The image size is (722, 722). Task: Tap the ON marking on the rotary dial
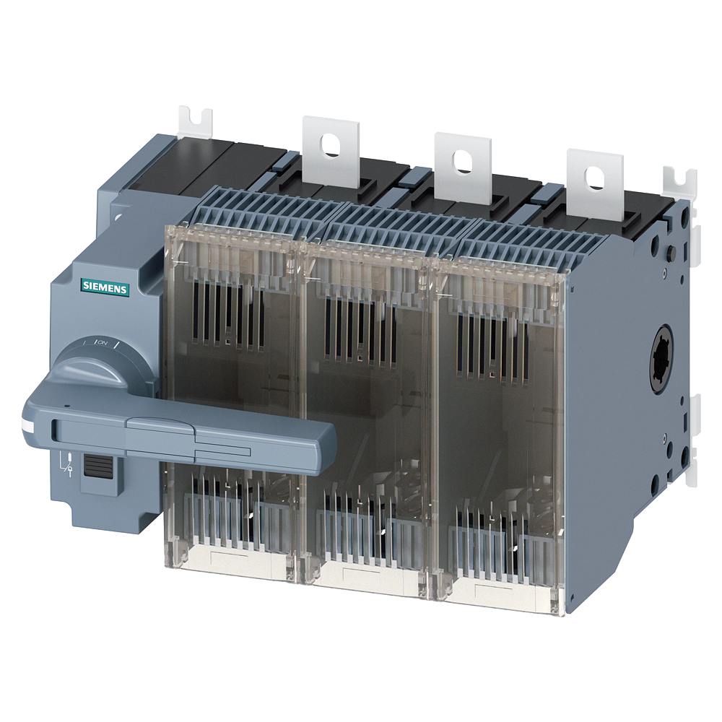point(103,343)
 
